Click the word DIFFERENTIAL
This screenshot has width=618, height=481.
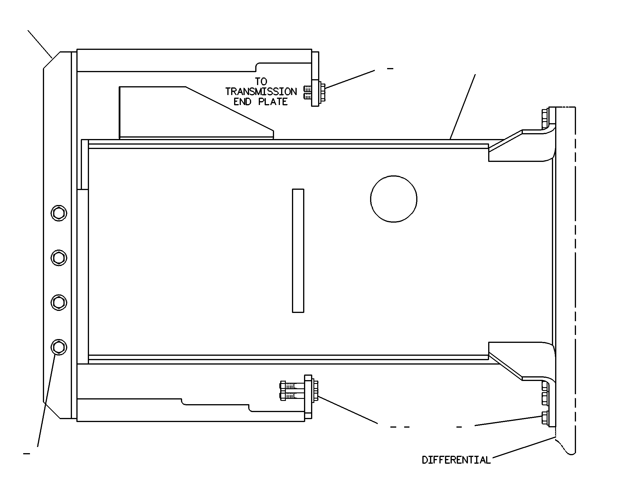456,460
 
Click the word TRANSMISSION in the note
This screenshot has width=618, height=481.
261,92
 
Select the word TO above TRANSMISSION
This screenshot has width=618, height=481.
261,82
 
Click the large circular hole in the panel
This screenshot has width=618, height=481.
394,199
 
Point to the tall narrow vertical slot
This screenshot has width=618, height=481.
298,251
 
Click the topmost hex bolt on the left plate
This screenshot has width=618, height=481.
59,213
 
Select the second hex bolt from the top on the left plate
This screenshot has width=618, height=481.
59,258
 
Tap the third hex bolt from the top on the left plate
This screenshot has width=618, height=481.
59,302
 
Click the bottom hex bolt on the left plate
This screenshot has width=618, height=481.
59,347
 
